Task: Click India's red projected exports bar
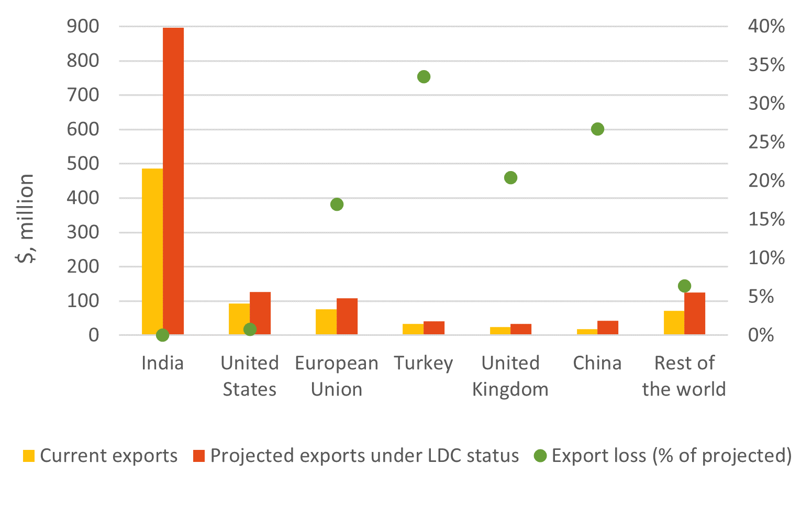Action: [173, 181]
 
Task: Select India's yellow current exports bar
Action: [152, 251]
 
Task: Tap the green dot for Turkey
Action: [424, 77]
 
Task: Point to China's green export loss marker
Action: [597, 129]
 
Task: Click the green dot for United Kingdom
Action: [510, 178]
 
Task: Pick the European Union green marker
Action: [337, 205]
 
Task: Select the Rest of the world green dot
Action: [684, 286]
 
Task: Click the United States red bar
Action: [260, 313]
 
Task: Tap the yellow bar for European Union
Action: [326, 322]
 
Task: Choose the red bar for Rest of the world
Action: [695, 313]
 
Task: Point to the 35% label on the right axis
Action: [766, 65]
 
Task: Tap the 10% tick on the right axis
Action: [766, 258]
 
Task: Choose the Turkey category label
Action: [424, 363]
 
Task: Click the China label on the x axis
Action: [597, 363]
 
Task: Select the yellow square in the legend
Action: [29, 456]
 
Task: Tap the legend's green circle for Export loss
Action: [540, 456]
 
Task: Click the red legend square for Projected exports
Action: [199, 456]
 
